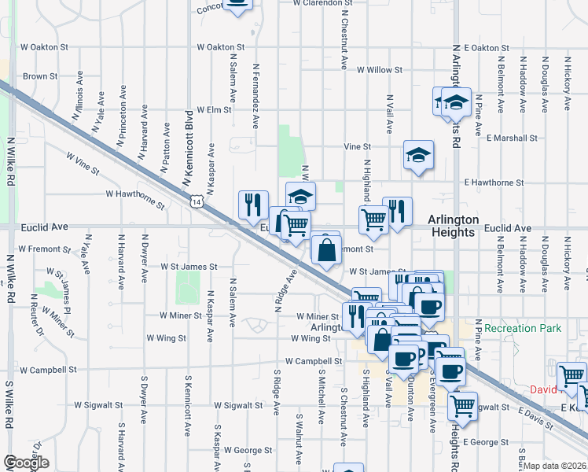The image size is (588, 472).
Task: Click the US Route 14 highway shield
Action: point(193,202)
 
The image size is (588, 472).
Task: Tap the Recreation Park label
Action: point(523,328)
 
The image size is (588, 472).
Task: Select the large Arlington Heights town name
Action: point(451,227)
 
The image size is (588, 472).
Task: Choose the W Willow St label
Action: point(379,70)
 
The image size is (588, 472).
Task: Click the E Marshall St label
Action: point(511,138)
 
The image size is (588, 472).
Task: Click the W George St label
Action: point(248,451)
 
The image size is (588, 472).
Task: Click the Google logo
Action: point(26,463)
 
